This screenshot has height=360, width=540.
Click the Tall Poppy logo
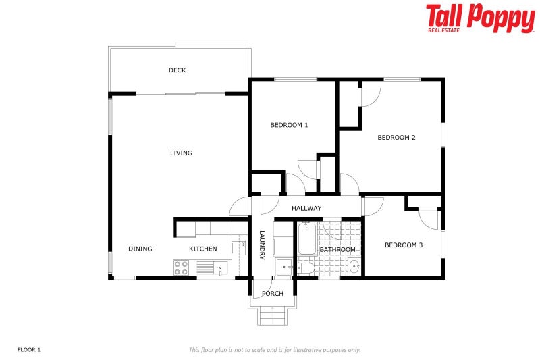coord(480,18)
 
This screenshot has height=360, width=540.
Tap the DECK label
coord(178,70)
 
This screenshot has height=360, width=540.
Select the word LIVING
coord(181,153)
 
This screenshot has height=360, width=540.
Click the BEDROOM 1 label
coord(289,125)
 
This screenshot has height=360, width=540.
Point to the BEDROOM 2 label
coord(396,138)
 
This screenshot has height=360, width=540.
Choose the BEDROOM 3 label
coord(404,245)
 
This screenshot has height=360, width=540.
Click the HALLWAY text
coord(306,208)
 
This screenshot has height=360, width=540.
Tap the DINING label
coord(140,249)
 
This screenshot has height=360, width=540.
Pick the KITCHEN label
coord(202,249)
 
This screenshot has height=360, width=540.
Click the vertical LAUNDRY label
coord(263,245)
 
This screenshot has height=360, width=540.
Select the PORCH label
coord(273,294)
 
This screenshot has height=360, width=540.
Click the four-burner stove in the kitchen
coord(181,268)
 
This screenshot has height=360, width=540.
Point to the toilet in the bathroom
coord(305,269)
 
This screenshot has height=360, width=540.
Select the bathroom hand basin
coord(354,267)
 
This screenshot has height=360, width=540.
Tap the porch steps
coord(273,315)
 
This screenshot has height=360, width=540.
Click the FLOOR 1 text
coord(29,350)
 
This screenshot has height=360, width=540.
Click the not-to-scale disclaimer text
coord(274,350)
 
